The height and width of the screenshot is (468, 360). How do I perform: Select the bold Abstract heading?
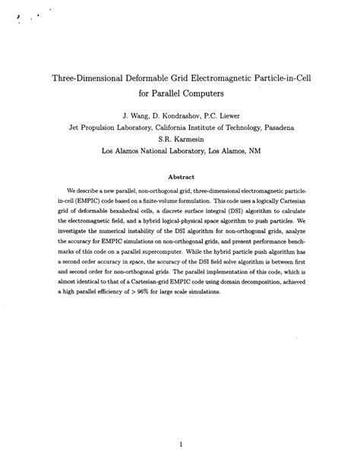coord(180,173)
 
